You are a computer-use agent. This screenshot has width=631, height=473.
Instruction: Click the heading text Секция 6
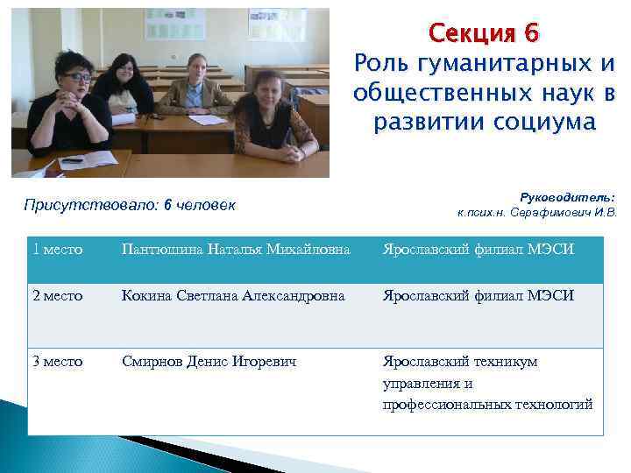(484, 33)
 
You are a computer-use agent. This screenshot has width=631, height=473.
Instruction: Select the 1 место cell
(58, 250)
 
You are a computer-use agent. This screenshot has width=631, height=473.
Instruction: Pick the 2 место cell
(58, 296)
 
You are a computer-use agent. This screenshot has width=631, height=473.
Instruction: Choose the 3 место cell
(58, 361)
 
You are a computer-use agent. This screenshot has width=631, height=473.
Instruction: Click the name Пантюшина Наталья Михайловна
(236, 250)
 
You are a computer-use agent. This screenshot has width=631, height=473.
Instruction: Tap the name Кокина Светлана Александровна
(233, 296)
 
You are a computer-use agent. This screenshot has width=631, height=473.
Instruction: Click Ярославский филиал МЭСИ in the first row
(479, 250)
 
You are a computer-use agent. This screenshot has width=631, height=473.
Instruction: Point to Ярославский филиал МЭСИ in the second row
(479, 296)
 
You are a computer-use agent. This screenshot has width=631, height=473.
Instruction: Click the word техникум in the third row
(507, 361)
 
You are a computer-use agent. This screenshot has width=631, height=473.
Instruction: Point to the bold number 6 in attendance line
(167, 206)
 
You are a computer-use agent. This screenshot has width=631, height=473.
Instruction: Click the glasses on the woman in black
(75, 78)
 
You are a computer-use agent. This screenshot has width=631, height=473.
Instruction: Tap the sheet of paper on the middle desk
(207, 118)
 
